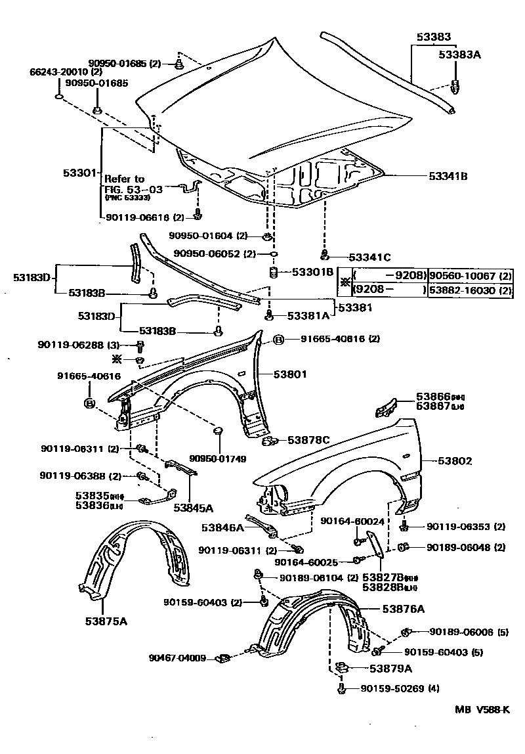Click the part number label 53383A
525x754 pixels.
[x=459, y=55]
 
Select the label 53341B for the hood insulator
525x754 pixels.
[x=448, y=176]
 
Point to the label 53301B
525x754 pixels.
[x=312, y=271]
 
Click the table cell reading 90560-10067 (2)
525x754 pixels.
[x=469, y=276]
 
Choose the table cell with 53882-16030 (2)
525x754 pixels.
[x=469, y=290]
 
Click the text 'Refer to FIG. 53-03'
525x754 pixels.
[x=124, y=184]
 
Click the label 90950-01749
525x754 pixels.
[x=218, y=458]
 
